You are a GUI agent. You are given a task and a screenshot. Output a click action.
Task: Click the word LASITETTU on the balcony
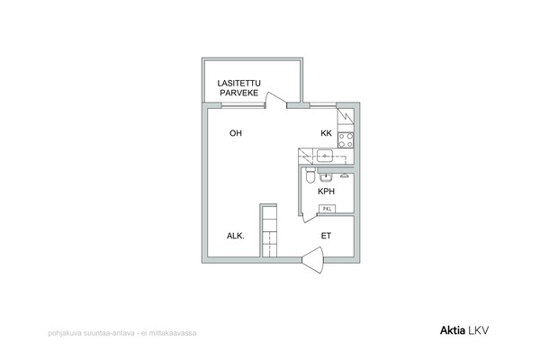tap(239, 84)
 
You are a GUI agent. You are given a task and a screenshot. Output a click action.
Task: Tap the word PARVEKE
tap(239, 93)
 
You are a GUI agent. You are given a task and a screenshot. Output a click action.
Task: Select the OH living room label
tap(236, 133)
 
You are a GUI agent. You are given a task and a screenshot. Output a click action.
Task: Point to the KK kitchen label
tap(326, 133)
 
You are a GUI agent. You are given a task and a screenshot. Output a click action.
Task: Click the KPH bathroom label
tap(326, 191)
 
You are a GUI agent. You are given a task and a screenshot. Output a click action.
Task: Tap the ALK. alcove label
tap(236, 236)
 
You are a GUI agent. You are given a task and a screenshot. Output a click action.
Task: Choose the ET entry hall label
tap(326, 236)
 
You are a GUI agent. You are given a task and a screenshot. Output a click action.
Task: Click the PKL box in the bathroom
tap(328, 209)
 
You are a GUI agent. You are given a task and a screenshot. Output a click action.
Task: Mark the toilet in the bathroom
tap(310, 175)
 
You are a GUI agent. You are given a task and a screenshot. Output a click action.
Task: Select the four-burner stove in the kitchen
tap(346, 140)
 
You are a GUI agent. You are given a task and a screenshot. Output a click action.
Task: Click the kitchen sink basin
tap(324, 156)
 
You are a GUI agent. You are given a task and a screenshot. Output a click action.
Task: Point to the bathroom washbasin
tap(326, 177)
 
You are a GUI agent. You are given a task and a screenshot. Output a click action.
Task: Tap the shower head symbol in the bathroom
tap(344, 176)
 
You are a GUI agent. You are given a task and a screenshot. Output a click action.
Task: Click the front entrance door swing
tap(313, 260)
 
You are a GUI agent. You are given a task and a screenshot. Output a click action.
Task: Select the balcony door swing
tap(276, 100)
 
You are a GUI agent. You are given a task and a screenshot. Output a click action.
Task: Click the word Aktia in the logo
tap(453, 330)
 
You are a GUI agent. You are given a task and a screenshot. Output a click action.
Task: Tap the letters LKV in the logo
tap(479, 330)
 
